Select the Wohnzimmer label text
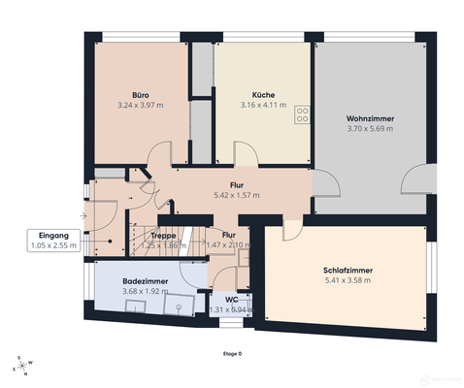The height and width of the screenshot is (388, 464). (x=370, y=118)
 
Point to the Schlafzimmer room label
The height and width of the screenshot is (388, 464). (x=348, y=271)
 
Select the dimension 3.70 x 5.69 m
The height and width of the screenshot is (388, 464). (x=370, y=128)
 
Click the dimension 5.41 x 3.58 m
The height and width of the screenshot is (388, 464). (x=348, y=280)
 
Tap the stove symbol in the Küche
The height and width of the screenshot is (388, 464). (x=301, y=113)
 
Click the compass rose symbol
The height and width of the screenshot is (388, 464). (x=21, y=366)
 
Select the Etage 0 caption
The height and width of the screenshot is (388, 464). (x=232, y=353)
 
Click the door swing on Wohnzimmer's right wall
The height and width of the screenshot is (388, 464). (x=418, y=180)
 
